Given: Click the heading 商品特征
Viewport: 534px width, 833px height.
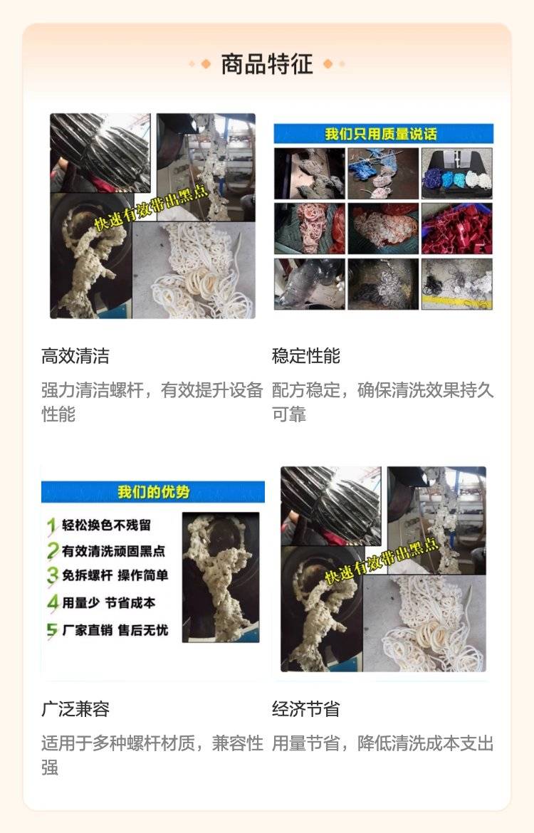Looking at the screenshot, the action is (267, 64).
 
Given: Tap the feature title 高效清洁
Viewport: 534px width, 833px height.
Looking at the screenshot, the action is (75, 356).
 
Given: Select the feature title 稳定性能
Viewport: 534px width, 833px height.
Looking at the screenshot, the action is (305, 356).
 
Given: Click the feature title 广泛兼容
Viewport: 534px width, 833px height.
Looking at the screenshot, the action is (75, 708).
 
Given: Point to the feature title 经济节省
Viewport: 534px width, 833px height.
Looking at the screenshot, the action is (305, 708).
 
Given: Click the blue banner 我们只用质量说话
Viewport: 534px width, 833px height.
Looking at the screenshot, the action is (384, 134).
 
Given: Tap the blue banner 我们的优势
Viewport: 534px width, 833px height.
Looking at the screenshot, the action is (153, 492).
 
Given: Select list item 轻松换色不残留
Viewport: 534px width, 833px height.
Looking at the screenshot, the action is (106, 525).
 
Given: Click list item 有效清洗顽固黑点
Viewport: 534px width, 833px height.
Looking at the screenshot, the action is (113, 551).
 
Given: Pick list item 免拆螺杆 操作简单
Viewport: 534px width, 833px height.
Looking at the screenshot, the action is (115, 575).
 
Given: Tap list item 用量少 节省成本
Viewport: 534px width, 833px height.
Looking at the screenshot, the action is (108, 603).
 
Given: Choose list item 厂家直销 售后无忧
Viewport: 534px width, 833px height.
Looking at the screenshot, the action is (115, 630).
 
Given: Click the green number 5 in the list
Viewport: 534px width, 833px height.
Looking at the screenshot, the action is (51, 631).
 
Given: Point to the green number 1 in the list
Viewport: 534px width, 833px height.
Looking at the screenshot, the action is (51, 526).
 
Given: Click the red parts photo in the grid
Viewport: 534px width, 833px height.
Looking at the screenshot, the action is (456, 229).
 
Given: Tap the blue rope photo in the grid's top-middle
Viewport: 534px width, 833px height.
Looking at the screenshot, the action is (383, 174).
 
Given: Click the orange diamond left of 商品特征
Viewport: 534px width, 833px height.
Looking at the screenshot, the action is (205, 64).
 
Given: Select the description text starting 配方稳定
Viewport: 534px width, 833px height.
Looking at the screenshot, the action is (382, 402).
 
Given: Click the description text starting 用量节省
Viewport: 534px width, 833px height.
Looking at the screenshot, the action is (382, 743).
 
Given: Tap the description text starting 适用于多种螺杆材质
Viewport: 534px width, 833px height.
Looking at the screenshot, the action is (152, 755).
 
